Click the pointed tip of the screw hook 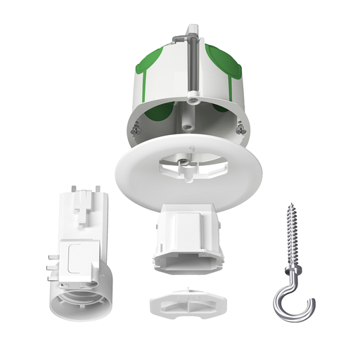pos(289,206)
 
